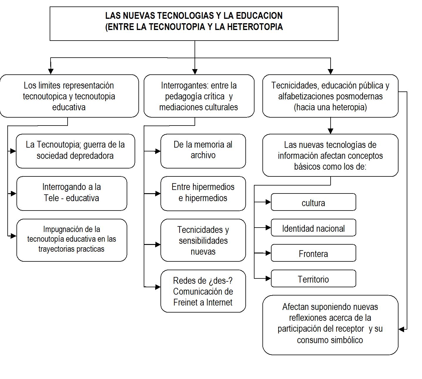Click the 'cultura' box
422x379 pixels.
pos(313,202)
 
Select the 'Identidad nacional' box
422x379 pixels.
pos(313,228)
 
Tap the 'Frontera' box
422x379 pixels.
pos(313,253)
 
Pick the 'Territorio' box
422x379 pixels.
pos(313,279)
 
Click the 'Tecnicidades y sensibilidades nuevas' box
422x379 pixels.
pos(203,240)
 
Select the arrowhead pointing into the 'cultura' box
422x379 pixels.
pos(268,202)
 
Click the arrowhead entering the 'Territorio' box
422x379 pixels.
pos(268,278)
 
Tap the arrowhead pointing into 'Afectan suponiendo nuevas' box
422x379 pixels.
pos(401,329)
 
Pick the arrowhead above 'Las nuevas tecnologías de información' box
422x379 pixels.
pos(331,131)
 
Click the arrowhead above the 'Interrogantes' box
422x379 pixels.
pos(195,71)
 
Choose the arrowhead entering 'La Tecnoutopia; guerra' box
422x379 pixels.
pos(13,151)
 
